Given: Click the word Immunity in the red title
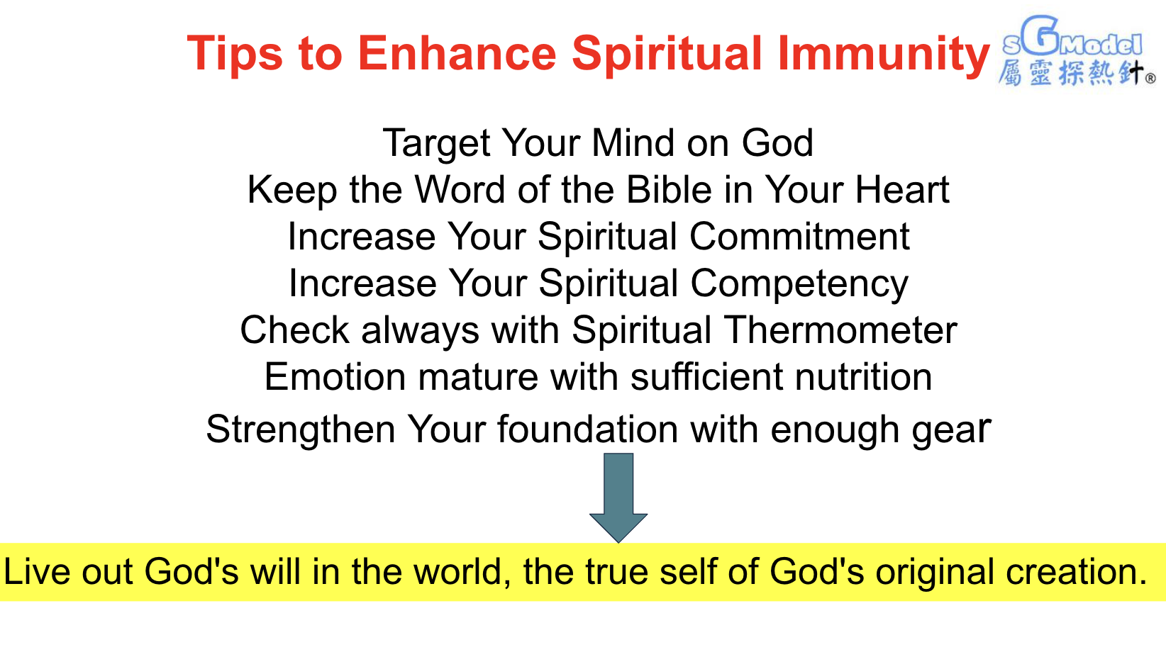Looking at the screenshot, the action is tap(883, 54).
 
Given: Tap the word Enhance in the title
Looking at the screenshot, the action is tap(457, 53).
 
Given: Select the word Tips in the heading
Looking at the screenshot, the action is tap(235, 55).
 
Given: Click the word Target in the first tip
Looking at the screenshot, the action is tap(436, 143).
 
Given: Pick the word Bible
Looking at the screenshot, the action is tap(669, 190).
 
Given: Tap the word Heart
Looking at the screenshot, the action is tap(902, 190).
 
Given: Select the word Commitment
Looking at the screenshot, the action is tap(799, 237).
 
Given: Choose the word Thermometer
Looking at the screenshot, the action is tap(840, 330).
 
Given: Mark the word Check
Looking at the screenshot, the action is tap(294, 330).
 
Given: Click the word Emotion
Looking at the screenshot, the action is tap(335, 377).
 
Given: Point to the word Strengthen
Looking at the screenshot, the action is tap(300, 430).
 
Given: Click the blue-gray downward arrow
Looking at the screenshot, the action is tap(618, 498).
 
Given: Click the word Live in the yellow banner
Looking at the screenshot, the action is tap(37, 572).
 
